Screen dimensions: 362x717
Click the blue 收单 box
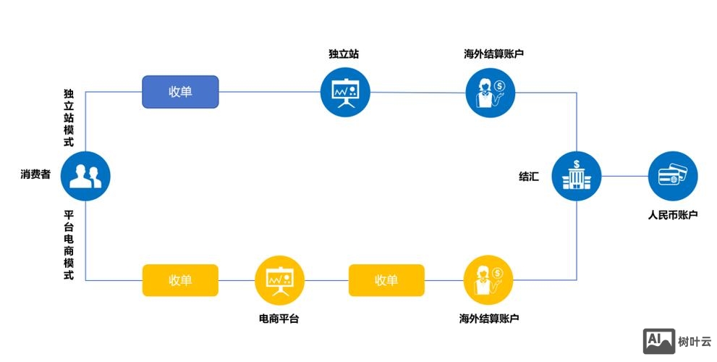click(x=180, y=92)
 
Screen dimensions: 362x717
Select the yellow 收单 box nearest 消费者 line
click(x=180, y=280)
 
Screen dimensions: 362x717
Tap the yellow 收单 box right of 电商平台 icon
click(x=386, y=280)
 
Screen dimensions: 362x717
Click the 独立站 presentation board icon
click(x=345, y=92)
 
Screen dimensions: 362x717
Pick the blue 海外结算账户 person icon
click(x=490, y=92)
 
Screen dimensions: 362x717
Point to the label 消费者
click(x=35, y=174)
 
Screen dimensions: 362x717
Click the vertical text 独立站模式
click(x=69, y=118)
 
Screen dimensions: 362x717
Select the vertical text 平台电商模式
click(x=69, y=245)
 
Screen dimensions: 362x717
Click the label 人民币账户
click(x=672, y=214)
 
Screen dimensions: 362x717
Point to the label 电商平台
click(x=279, y=319)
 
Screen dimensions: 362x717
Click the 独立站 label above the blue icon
click(x=344, y=54)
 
